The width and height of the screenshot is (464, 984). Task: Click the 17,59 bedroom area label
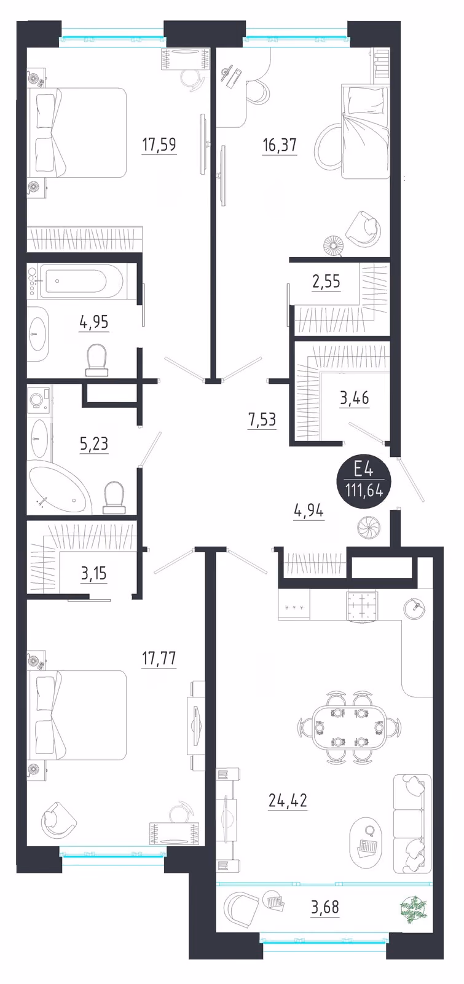click(159, 144)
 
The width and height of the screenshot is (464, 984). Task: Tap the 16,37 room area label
click(280, 145)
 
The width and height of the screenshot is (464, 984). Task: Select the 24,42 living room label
click(288, 800)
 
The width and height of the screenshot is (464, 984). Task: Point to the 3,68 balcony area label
click(325, 907)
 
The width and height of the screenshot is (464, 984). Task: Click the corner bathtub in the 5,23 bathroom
click(60, 490)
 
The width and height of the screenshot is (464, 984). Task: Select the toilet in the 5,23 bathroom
click(114, 498)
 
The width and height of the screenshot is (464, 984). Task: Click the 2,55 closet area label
click(326, 282)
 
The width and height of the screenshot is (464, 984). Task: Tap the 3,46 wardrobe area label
click(354, 399)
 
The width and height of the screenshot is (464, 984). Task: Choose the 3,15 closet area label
click(93, 574)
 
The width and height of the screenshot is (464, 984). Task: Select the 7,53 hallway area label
click(262, 420)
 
